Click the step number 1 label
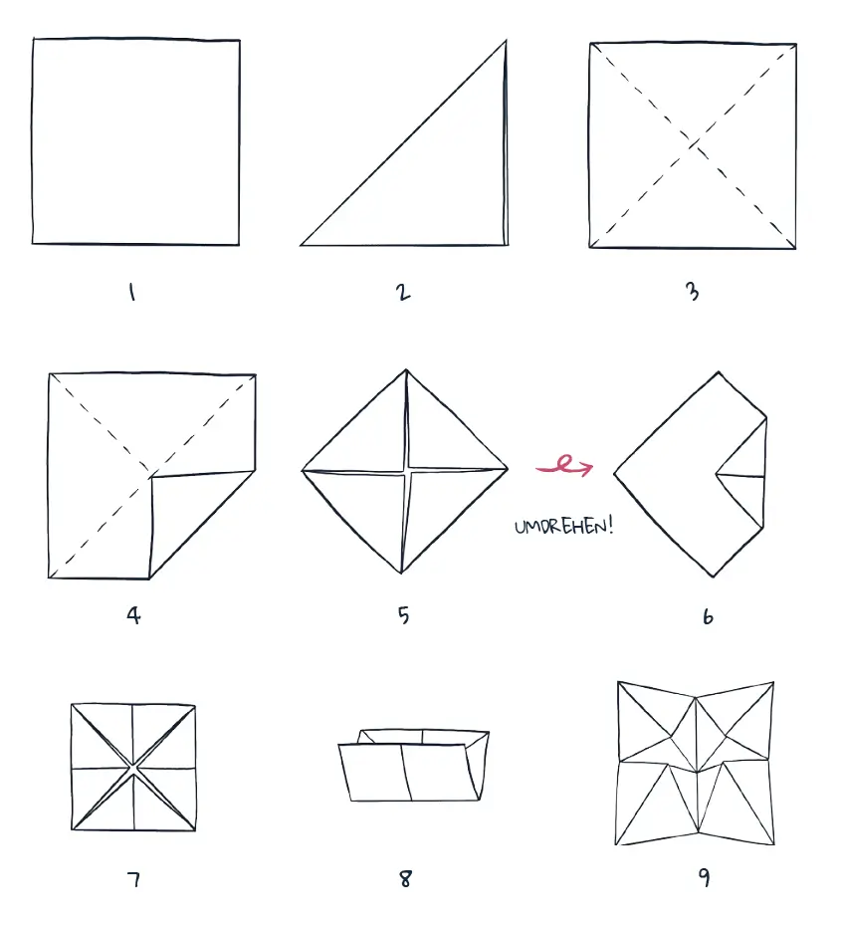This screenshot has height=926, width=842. (132, 293)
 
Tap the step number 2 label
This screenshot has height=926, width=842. (403, 293)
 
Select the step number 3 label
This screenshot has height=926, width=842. (693, 292)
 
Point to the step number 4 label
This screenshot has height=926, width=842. (134, 615)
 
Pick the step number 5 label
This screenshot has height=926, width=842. (403, 615)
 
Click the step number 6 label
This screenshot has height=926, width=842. (708, 616)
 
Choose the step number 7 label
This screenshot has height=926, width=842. (134, 880)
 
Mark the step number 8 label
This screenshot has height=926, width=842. (405, 879)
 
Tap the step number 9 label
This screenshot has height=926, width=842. (705, 877)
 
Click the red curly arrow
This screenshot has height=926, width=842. (564, 467)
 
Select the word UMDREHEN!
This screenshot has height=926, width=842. (564, 525)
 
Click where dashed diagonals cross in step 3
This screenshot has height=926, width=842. (693, 145)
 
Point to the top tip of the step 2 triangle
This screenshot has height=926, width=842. (506, 41)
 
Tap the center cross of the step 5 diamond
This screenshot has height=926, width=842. (406, 471)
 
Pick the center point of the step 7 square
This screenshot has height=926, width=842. (133, 768)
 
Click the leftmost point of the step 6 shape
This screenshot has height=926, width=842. (615, 472)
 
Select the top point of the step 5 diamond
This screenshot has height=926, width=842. (406, 370)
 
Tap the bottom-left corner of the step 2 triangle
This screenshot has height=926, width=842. (302, 245)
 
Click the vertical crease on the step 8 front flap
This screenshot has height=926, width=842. (407, 773)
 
